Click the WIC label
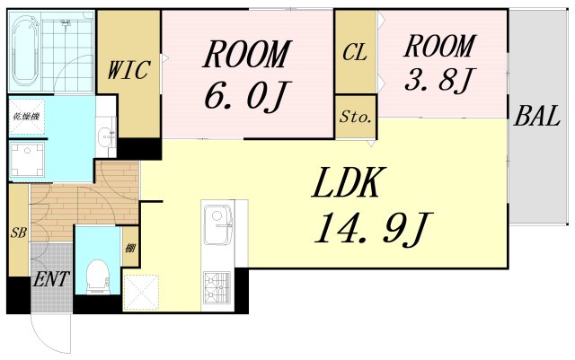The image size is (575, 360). click(x=128, y=70)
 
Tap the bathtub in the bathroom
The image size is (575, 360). click(x=25, y=50)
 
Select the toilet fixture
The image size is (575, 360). click(x=97, y=277)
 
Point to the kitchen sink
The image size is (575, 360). click(x=217, y=224)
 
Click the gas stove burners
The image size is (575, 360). click(x=217, y=286)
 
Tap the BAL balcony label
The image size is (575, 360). click(x=536, y=116)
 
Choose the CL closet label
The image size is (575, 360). click(x=355, y=52)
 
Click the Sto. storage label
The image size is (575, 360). click(x=356, y=117)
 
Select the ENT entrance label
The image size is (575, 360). click(x=51, y=279)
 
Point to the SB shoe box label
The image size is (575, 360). click(x=18, y=233)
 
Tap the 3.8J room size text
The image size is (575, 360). click(x=438, y=79)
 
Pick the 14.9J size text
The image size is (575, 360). click(x=374, y=229)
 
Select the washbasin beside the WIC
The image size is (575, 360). click(x=107, y=136)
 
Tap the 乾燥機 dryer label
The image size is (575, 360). click(x=26, y=117)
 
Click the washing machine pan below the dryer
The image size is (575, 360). click(x=28, y=160)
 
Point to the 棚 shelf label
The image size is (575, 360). click(x=130, y=249)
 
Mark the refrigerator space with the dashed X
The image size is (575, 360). click(x=141, y=293)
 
